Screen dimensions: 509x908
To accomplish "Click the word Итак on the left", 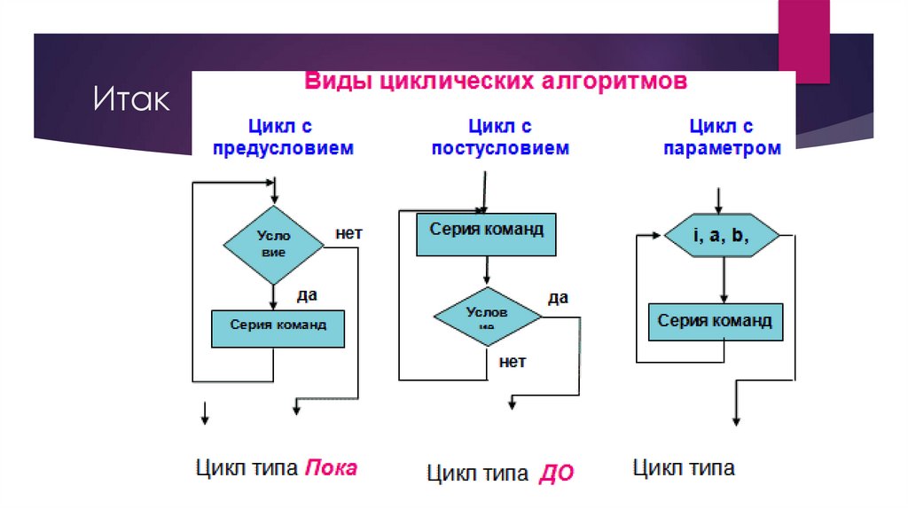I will [x=132, y=99].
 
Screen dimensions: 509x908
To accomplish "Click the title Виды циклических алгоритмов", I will [x=496, y=82].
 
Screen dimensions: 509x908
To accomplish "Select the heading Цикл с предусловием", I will [x=281, y=137].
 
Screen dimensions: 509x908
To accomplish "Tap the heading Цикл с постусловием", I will [x=500, y=137].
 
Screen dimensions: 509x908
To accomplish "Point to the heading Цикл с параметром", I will [x=722, y=137].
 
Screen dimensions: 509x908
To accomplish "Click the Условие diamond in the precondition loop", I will [x=273, y=244].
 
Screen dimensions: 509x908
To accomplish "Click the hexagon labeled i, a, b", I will [x=722, y=236].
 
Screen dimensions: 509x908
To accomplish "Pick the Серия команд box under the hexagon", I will [x=715, y=322].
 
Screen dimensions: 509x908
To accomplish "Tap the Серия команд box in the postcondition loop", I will [x=486, y=234].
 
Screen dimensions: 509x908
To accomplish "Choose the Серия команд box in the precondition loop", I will [x=278, y=327].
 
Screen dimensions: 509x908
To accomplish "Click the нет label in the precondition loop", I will [x=348, y=234].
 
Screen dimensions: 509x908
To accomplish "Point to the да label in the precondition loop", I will [x=307, y=293].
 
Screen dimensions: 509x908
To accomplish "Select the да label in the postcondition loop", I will [x=557, y=297].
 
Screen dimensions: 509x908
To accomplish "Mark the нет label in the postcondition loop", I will [x=513, y=361].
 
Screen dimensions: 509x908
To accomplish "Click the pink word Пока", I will [x=331, y=466].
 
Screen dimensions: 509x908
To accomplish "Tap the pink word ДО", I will [x=556, y=474].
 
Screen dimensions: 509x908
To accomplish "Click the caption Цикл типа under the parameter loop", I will [x=684, y=467].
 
